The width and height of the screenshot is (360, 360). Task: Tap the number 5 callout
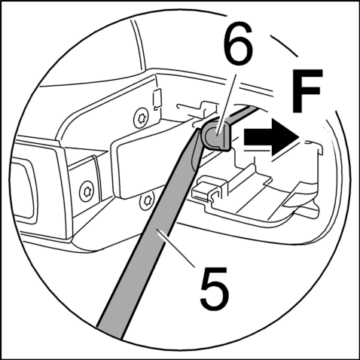point(214,288)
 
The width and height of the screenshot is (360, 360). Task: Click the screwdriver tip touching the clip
point(198,130)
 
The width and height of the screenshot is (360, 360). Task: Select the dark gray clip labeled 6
point(216,136)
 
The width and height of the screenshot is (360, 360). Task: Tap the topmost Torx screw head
point(141,117)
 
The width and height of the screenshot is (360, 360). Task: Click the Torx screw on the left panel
point(87,192)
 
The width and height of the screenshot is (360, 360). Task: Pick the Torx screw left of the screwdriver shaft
point(146,201)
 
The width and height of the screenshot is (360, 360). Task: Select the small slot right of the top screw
point(157,99)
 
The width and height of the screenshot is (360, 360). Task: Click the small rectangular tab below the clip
point(204,191)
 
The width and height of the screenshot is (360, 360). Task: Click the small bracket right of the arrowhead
point(314,148)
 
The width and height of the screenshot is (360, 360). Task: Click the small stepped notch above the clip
point(206,106)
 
